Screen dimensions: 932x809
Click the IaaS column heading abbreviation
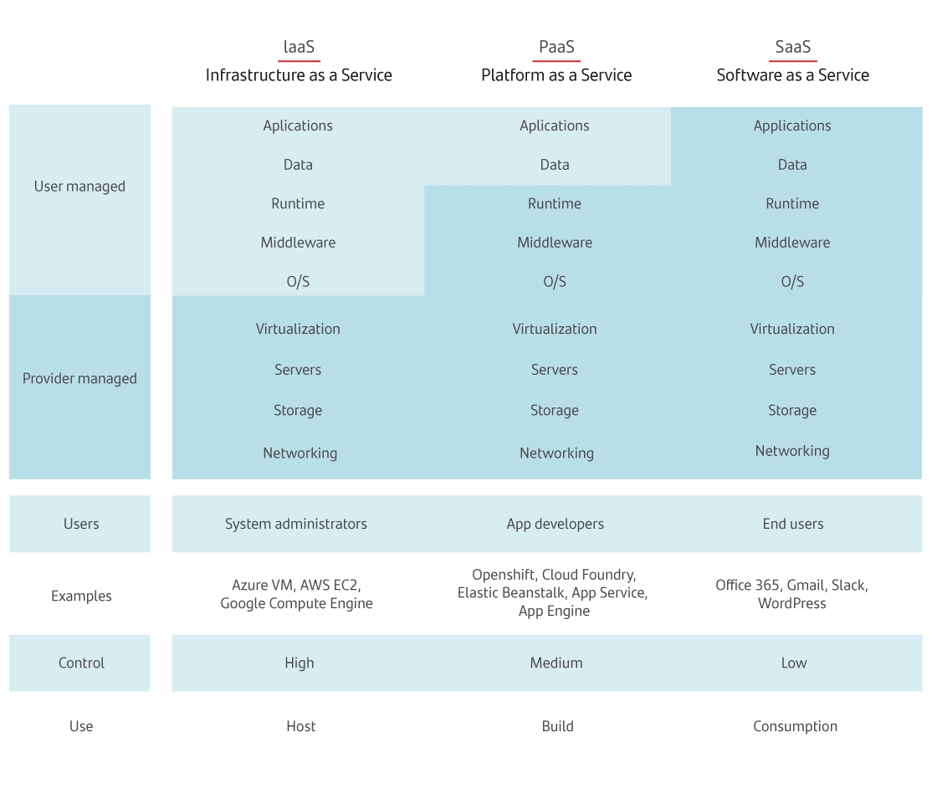(x=299, y=46)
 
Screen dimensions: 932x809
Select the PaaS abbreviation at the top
(x=556, y=46)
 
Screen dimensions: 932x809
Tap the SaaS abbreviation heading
(x=793, y=46)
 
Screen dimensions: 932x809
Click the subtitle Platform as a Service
(x=556, y=75)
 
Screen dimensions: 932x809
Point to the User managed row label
(x=79, y=186)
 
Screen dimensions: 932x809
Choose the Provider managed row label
(x=79, y=378)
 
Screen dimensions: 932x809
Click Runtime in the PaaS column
(x=555, y=203)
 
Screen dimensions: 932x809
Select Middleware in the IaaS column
(x=298, y=243)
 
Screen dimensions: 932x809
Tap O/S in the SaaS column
(x=792, y=281)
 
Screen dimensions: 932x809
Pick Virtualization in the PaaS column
(x=555, y=329)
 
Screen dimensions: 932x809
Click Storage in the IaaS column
(x=298, y=410)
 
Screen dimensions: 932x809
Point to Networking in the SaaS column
(x=792, y=451)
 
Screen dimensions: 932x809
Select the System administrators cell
(x=296, y=524)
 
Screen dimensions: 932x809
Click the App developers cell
(x=556, y=524)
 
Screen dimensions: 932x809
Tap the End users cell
(x=793, y=524)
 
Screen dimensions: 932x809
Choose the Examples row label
(x=81, y=596)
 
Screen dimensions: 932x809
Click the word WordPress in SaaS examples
(x=791, y=603)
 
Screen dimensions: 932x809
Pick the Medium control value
(x=556, y=663)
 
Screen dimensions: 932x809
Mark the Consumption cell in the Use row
(x=796, y=726)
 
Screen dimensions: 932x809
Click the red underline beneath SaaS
(x=793, y=60)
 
